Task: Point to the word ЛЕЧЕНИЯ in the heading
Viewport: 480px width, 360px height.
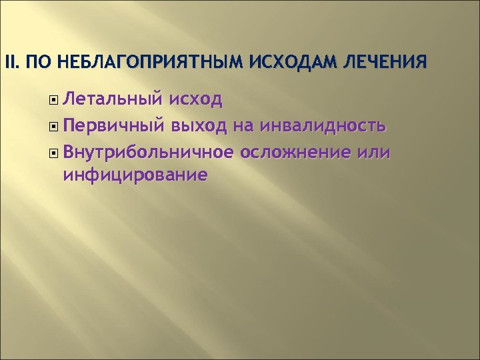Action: (x=384, y=63)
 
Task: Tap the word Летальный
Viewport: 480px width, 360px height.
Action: (x=113, y=100)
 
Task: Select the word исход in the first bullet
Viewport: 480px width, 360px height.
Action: (x=196, y=100)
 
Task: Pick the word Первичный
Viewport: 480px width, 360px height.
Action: (x=113, y=125)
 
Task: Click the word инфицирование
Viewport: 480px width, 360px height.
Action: (x=135, y=175)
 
